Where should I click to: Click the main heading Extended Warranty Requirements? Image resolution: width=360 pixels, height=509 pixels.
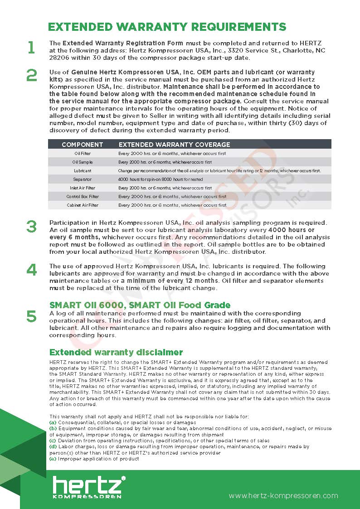coord(167,26)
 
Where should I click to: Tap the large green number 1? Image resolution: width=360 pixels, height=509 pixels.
coord(31,48)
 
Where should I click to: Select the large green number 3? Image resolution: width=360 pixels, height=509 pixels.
coord(31,227)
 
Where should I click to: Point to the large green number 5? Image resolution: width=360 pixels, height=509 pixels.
coord(31,316)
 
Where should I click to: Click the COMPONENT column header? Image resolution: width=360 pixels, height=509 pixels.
coord(82,145)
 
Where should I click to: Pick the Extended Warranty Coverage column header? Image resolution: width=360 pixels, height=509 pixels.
coord(174,145)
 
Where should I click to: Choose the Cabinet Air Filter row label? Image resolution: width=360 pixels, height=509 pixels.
coord(83,205)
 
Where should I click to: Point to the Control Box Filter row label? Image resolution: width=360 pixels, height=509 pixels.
coord(83,197)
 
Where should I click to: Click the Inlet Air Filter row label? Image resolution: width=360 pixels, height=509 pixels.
coord(83,188)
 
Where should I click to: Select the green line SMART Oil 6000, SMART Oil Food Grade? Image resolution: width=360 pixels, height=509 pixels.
coord(140,305)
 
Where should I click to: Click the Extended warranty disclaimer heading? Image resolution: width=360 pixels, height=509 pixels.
coord(116,352)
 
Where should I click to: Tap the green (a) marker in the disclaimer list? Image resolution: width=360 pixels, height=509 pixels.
coord(53,422)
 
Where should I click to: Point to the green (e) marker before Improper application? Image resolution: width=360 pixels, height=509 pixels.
coord(53,459)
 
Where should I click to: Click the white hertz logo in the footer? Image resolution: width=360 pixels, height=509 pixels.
coord(88,486)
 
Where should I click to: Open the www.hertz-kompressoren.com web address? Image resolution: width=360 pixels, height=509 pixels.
coord(283,495)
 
